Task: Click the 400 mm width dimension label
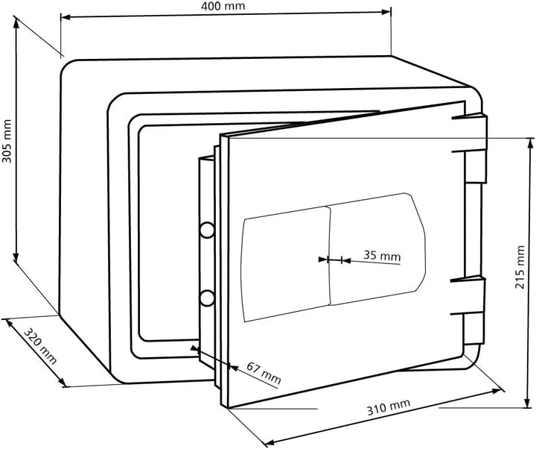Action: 226,6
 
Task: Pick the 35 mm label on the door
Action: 381,255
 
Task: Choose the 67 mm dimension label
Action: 264,373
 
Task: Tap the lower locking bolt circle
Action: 205,298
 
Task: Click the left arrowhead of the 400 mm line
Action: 63,16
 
